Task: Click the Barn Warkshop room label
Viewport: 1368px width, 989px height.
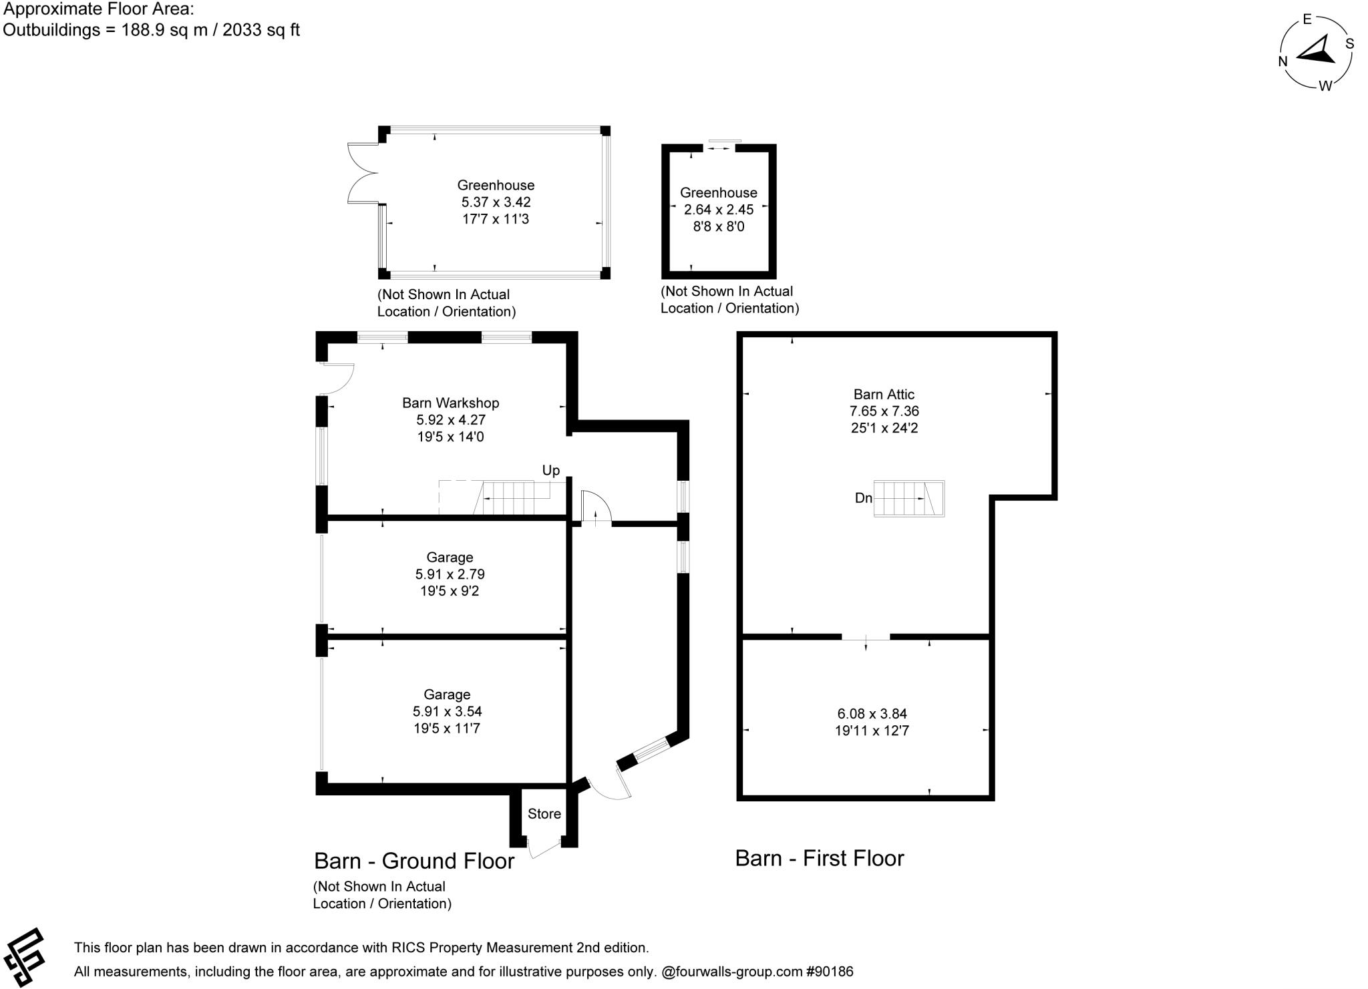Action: tap(450, 403)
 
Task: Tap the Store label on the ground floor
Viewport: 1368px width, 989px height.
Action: tap(544, 813)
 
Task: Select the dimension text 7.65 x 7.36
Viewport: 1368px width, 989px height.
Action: tap(884, 411)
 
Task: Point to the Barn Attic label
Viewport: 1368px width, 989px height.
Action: tap(884, 394)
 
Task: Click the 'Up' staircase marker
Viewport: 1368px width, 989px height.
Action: tap(550, 470)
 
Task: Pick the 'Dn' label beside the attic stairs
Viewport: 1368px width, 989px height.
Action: tap(863, 498)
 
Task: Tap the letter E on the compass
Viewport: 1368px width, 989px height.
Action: tap(1307, 19)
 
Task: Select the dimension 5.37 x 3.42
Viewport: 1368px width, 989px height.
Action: tap(496, 202)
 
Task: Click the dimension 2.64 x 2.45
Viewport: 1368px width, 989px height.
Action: tap(718, 209)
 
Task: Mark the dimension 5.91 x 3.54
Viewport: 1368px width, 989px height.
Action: tap(447, 711)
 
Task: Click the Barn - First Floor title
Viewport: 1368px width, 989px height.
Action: tap(819, 858)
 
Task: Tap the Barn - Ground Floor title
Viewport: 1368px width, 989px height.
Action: tap(413, 861)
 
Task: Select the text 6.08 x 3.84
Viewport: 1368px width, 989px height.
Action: tap(872, 713)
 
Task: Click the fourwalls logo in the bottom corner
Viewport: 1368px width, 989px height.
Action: tap(25, 957)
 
